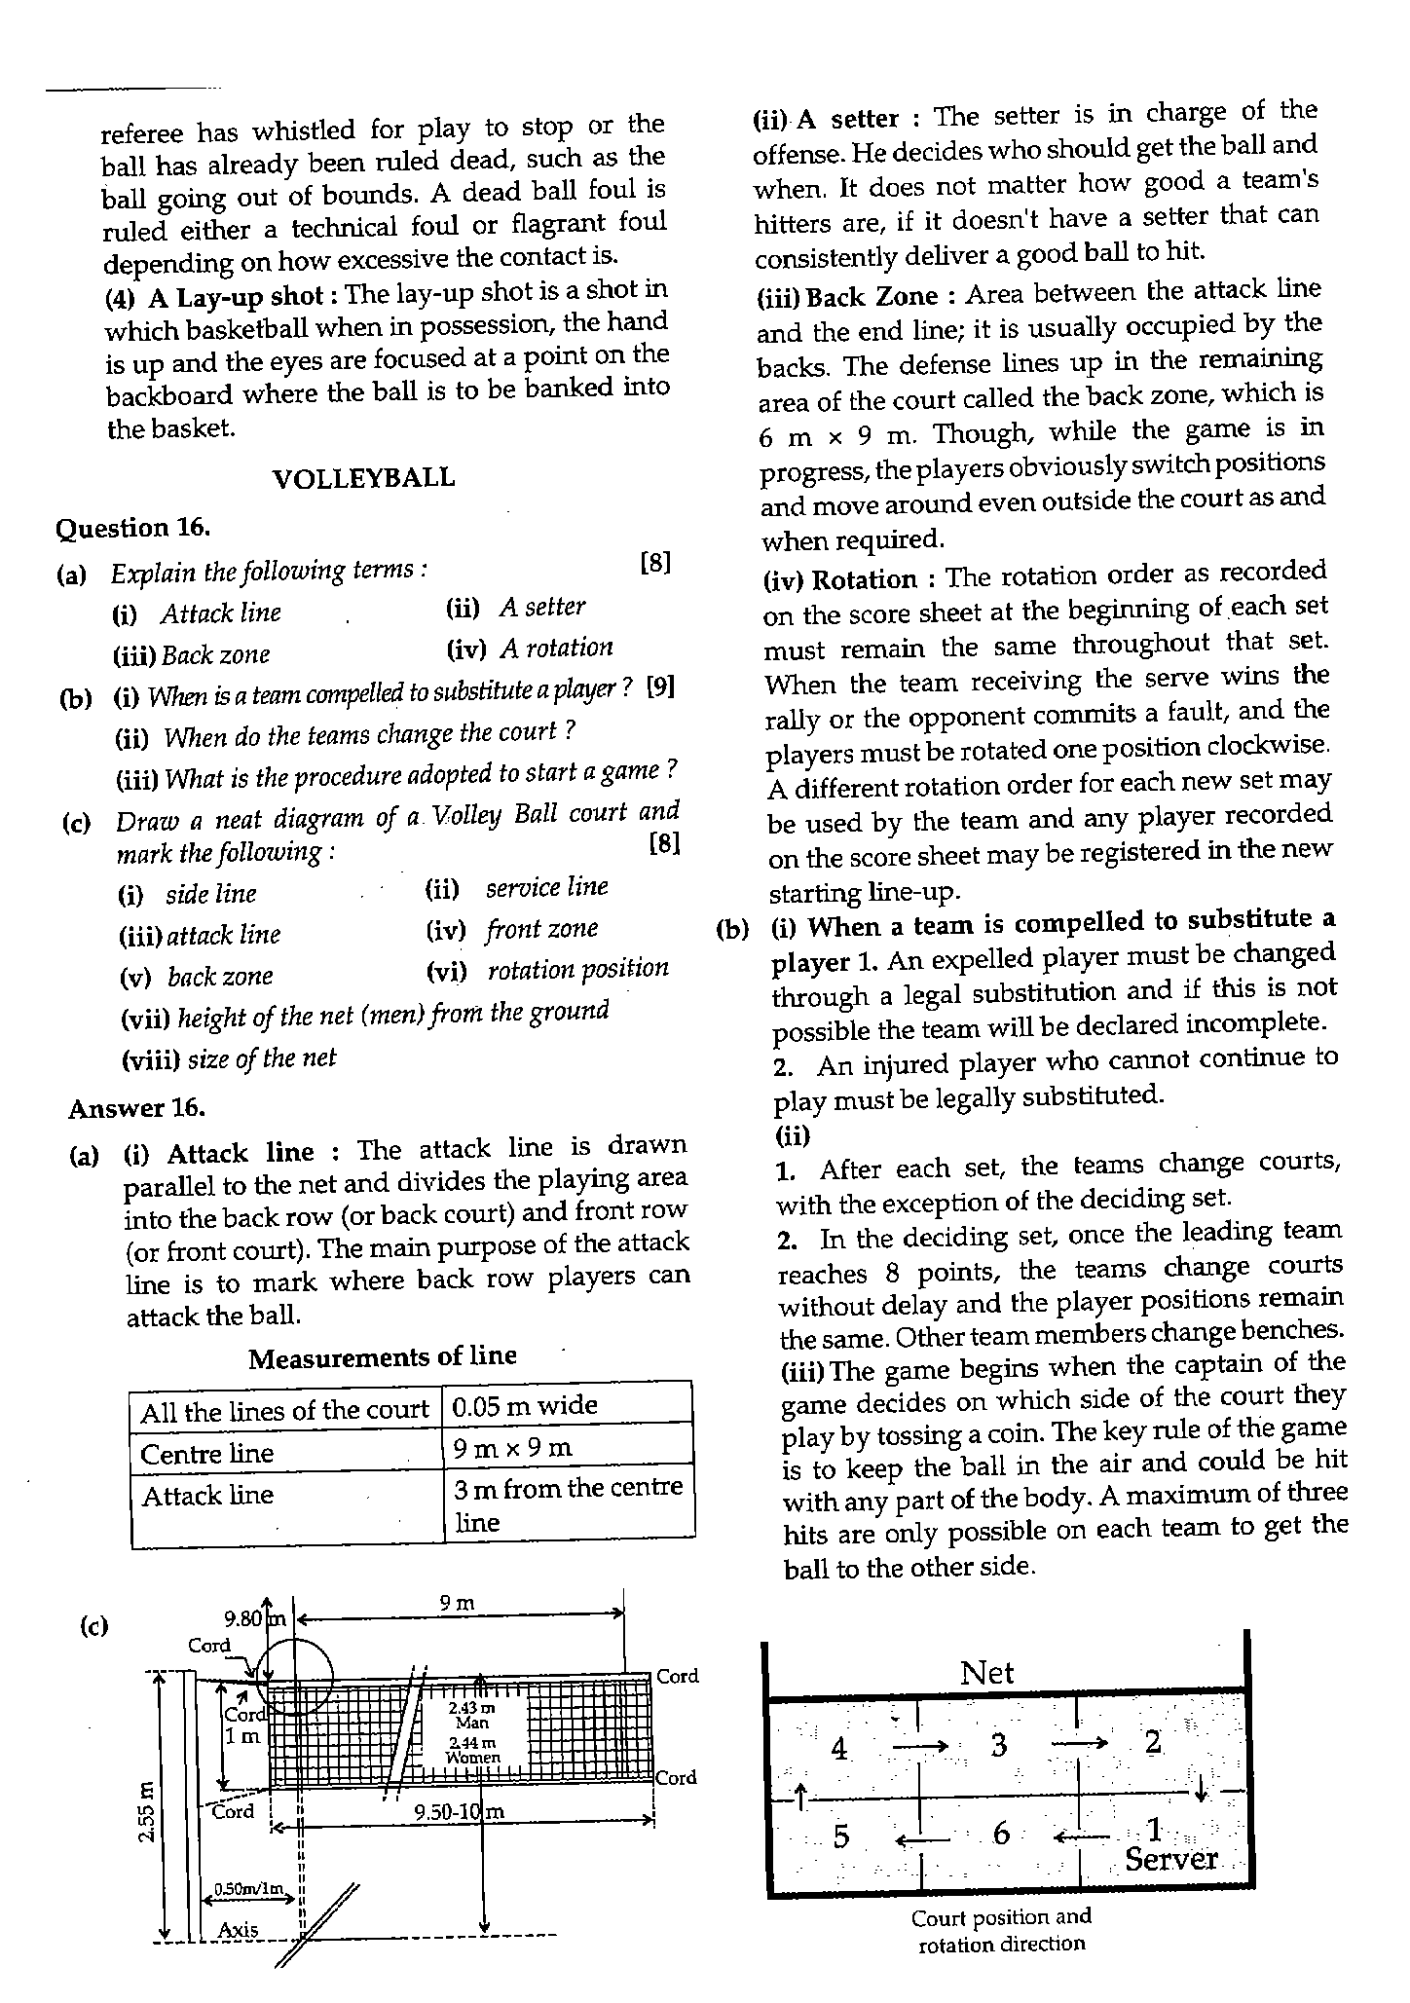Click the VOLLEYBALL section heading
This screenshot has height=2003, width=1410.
pyautogui.click(x=363, y=478)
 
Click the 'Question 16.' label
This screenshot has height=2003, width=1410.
pyautogui.click(x=133, y=528)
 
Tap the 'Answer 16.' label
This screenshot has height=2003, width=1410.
pyautogui.click(x=136, y=1108)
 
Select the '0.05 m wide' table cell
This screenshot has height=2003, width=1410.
pyautogui.click(x=526, y=1405)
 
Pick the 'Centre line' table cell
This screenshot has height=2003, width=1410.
pyautogui.click(x=207, y=1454)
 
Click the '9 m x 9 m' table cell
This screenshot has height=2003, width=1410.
pyautogui.click(x=513, y=1449)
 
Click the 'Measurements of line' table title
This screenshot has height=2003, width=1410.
pyautogui.click(x=383, y=1357)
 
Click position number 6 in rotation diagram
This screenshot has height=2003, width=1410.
pyautogui.click(x=1001, y=1834)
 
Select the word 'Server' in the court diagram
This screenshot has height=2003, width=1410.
pyautogui.click(x=1170, y=1859)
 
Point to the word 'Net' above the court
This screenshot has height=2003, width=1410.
pyautogui.click(x=986, y=1673)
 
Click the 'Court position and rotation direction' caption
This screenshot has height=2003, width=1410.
pyautogui.click(x=1001, y=1930)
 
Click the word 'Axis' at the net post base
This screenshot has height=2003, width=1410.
pyautogui.click(x=238, y=1929)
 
